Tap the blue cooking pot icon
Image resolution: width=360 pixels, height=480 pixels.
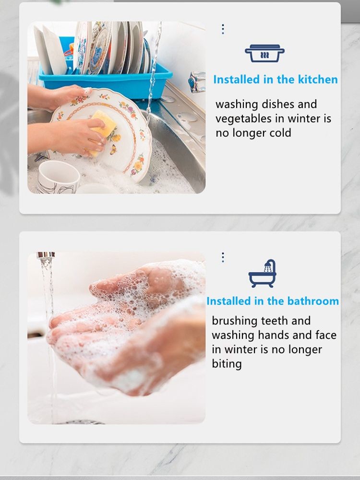pyautogui.click(x=264, y=53)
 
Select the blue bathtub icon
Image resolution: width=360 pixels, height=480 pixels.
pyautogui.click(x=263, y=274)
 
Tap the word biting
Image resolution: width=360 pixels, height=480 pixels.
pyautogui.click(x=227, y=364)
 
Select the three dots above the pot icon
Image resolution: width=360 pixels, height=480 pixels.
pyautogui.click(x=223, y=29)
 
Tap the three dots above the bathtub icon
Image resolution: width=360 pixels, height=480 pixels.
pyautogui.click(x=223, y=257)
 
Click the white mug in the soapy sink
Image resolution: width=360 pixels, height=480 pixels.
pyautogui.click(x=58, y=177)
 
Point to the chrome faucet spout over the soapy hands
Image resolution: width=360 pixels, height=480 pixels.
pyautogui.click(x=46, y=255)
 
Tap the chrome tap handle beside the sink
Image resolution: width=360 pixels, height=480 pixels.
pyautogui.click(x=196, y=82)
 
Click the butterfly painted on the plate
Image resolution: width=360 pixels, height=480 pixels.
pyautogui.click(x=113, y=149)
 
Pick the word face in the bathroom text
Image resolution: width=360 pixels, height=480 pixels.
pyautogui.click(x=326, y=335)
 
